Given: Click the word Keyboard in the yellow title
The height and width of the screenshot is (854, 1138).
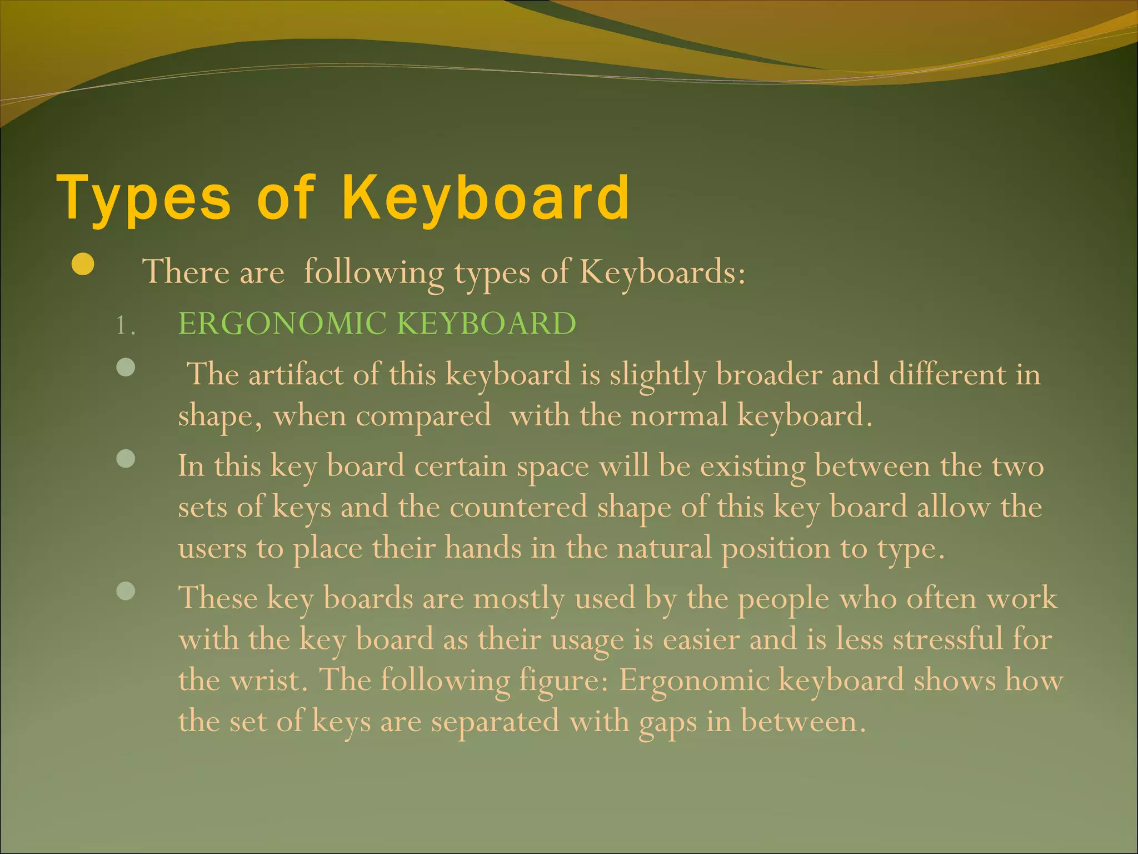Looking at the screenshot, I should coord(486,197).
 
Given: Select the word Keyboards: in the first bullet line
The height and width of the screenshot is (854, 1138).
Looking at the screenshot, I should coord(662,272).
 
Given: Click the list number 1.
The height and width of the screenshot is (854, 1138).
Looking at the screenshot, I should coord(126,325).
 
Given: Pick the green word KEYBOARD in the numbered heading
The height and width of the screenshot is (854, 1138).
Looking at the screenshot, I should coord(487,324).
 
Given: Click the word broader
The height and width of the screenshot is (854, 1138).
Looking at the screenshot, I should coord(768,374).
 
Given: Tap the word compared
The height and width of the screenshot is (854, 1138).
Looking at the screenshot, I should coord(423,416).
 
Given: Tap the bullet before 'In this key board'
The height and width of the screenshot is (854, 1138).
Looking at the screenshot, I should coord(127,459).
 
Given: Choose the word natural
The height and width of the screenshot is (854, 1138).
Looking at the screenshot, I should coord(664,548).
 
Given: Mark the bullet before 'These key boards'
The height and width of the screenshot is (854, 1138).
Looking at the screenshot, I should coord(127,591).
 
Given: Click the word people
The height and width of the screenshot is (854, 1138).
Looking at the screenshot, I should coord(783,599).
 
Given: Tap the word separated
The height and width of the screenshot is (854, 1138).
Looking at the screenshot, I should coord(495,722).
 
